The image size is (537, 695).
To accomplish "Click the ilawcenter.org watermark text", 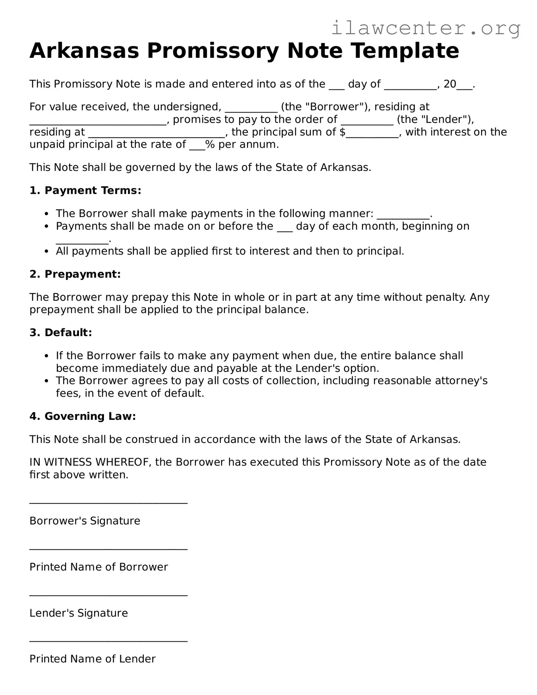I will (x=425, y=28).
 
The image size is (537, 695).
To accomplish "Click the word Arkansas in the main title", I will (x=84, y=51).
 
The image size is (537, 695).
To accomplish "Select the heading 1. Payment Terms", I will (x=85, y=190).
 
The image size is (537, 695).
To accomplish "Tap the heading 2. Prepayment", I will (x=75, y=274).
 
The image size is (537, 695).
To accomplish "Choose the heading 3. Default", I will (x=61, y=333).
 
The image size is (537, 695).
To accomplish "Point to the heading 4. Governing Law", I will (x=83, y=416).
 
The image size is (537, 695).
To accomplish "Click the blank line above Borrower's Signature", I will (x=108, y=503).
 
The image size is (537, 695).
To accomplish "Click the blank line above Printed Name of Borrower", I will (x=108, y=549).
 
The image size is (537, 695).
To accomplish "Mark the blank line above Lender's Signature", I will (x=108, y=595).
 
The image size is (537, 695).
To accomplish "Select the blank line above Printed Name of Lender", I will (x=108, y=641).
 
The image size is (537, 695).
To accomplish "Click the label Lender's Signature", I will (x=79, y=613).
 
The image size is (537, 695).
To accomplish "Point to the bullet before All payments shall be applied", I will (x=46, y=252).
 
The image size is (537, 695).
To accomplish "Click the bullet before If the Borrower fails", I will (x=46, y=356).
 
